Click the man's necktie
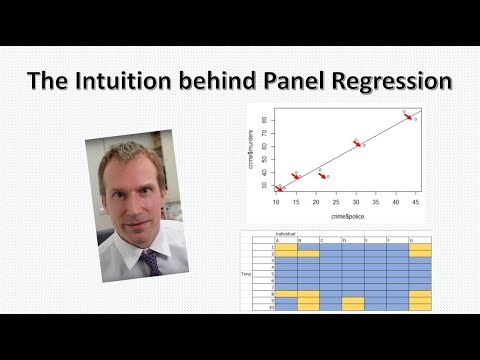click(150, 262)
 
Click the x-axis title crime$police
click(346, 215)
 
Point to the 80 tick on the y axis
click(265, 119)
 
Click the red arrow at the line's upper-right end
click(408, 116)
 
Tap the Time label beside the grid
click(247, 273)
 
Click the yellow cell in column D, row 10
click(353, 307)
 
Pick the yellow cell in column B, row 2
click(308, 254)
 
